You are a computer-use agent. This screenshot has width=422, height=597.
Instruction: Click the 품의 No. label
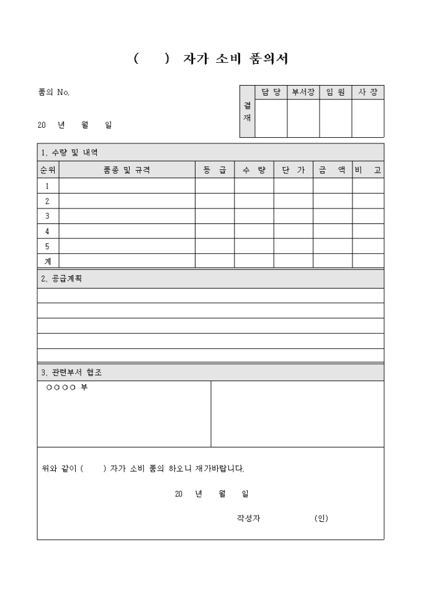pos(54,92)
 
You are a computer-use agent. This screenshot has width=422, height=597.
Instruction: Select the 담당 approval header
pos(271,92)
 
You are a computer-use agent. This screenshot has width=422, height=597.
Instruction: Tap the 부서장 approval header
pos(303,92)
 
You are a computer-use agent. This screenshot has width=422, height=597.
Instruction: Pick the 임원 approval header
pos(336,92)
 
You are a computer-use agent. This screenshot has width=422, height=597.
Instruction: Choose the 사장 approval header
pos(368,92)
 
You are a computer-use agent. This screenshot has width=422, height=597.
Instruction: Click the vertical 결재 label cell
pos(247,112)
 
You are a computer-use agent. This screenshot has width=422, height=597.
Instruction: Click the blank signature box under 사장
pos(368,118)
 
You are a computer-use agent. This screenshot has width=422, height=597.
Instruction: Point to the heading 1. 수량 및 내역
pos(69,153)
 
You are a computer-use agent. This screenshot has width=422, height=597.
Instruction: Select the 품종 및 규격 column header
pos(127,170)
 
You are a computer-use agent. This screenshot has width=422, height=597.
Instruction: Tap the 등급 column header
pos(215,170)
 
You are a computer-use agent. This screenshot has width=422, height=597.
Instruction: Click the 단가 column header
pos(293,170)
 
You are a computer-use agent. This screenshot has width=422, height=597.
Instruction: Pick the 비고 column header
pos(368,170)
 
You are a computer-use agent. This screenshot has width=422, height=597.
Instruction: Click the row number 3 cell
pos(48,216)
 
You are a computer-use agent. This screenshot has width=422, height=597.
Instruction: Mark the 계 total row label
pos(48,261)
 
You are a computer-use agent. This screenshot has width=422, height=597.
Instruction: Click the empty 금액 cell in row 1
pos(332,186)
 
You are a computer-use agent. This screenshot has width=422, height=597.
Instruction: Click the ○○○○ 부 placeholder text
pos(66,388)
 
